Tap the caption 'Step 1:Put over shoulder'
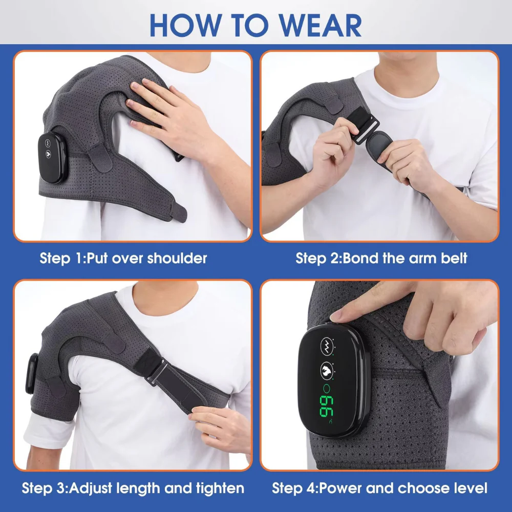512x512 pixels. [123, 258]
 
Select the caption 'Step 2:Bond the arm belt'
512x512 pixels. [381, 258]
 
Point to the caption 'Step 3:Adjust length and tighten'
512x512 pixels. [133, 487]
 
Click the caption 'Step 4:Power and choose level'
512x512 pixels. [379, 487]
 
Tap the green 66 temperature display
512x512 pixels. [327, 405]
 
